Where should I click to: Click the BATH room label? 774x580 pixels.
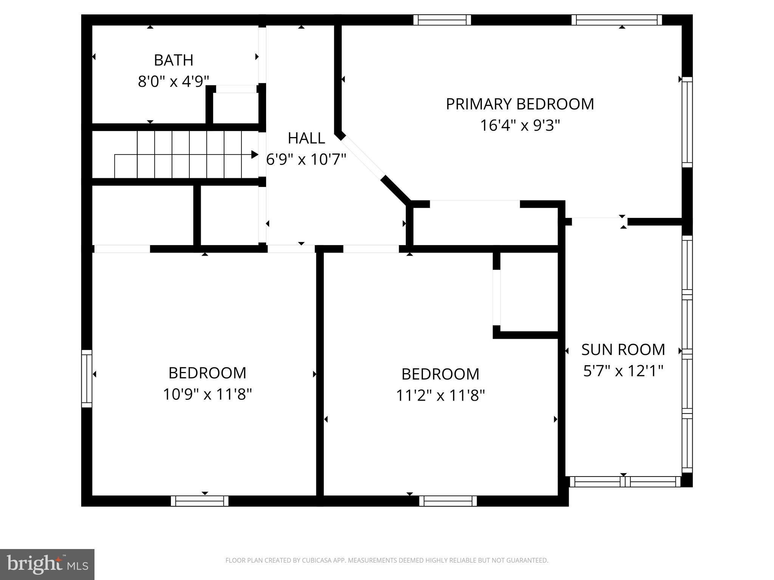173,60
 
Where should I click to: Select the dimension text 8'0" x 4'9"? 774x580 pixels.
173,81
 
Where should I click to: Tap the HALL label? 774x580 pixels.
306,138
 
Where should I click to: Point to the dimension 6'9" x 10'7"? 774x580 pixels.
306,159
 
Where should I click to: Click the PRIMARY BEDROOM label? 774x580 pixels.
520,104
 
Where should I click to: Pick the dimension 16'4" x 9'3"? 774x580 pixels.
520,125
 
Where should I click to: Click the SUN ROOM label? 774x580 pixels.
623,350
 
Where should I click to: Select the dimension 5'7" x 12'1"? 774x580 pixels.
623,371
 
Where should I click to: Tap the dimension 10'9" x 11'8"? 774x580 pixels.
207,395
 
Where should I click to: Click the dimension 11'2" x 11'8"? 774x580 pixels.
440,396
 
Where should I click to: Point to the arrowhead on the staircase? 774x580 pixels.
255,154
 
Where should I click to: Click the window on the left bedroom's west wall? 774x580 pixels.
87,378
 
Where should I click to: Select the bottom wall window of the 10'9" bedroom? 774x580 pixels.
200,501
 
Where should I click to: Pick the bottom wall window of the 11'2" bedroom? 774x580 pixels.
448,501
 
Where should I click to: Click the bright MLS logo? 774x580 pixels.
47,564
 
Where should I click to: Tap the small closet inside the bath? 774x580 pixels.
235,108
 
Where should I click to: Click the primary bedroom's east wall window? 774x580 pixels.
687,122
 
